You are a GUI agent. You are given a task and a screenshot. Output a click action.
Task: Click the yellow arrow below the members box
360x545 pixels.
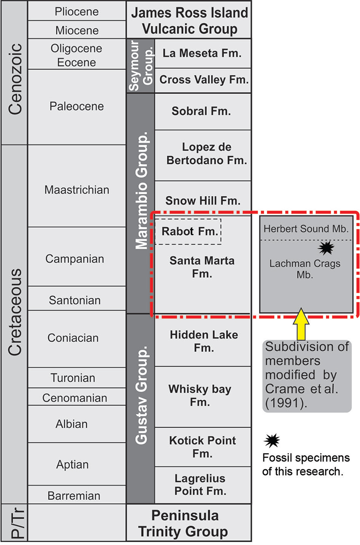pos(301,324)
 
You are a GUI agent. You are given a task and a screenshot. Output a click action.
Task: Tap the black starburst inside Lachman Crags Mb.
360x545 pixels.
pos(326,248)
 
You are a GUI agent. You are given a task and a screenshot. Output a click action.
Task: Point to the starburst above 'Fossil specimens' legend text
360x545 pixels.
pos(272,441)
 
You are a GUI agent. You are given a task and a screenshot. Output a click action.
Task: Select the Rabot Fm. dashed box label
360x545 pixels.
pos(190,231)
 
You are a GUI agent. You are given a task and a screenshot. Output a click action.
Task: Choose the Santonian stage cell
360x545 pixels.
pos(77,298)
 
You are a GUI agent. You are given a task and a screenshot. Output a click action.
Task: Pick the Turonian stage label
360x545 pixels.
pos(73,378)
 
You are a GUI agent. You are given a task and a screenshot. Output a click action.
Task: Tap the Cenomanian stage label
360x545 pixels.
pos(75,398)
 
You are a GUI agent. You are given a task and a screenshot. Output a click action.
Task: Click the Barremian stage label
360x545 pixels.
pos(74,496)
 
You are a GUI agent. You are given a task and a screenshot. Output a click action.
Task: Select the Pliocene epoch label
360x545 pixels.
pos(77,12)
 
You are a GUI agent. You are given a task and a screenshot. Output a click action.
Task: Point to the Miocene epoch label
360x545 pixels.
pos(77,31)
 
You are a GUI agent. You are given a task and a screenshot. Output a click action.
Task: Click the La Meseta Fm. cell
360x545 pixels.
pos(203,53)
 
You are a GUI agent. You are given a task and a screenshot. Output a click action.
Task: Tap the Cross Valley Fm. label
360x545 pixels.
pos(204,80)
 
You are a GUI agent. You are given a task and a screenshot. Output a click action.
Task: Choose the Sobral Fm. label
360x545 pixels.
pos(201,111)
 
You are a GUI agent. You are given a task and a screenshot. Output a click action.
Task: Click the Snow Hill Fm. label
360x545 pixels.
pos(203,201)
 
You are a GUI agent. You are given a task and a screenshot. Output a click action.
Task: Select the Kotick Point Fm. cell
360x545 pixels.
pos(203,447)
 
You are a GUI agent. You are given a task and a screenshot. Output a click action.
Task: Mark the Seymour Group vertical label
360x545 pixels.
pos(141,65)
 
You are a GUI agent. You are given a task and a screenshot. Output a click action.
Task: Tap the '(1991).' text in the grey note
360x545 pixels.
pos(286,404)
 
